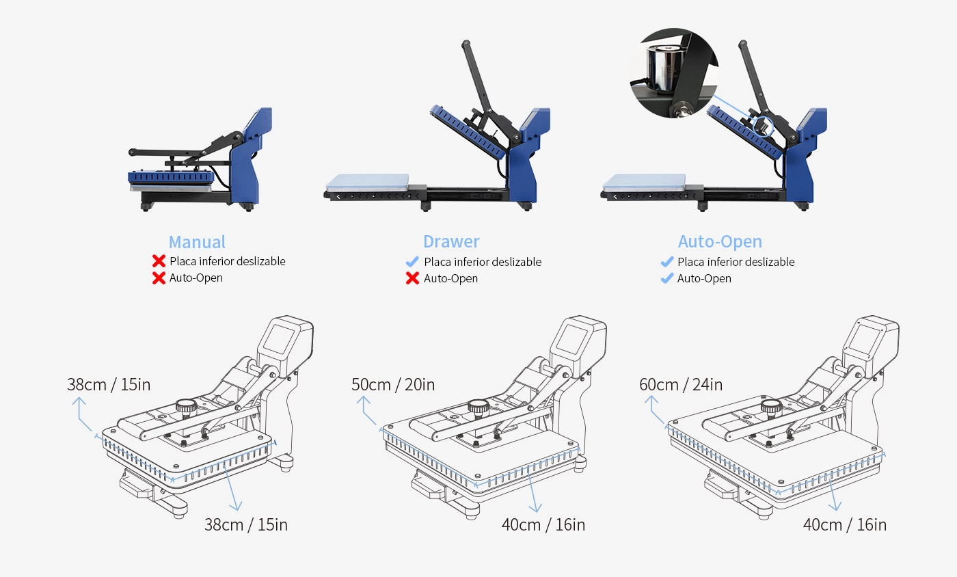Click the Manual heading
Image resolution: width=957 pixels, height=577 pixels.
[x=197, y=242]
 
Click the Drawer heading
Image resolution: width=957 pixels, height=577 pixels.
[x=451, y=241]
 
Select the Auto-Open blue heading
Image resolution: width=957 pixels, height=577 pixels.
[x=720, y=241]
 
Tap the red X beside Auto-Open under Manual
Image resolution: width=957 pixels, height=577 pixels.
[x=159, y=278]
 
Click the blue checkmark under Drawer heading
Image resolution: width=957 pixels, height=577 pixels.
[x=412, y=262]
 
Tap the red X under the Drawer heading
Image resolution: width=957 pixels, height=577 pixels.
[x=412, y=278]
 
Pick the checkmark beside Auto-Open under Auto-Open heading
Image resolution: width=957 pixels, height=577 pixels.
[x=666, y=278]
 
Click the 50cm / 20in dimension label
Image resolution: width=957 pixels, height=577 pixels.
[x=393, y=384]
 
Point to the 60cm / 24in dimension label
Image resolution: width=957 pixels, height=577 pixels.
[x=681, y=384]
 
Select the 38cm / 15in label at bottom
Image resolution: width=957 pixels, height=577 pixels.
[x=246, y=524]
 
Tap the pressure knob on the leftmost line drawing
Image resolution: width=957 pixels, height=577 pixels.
[x=185, y=406]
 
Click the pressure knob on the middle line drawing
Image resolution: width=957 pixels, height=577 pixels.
[x=477, y=407]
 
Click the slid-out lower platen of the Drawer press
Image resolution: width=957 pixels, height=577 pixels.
[x=367, y=182]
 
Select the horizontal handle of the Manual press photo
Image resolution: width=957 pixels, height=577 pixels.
[x=171, y=150]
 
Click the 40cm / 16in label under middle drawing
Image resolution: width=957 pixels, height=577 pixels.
[x=543, y=524]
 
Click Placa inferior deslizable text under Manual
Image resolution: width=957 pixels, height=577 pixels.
[x=228, y=261]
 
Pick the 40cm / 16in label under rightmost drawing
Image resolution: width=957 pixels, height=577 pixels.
[x=845, y=524]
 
